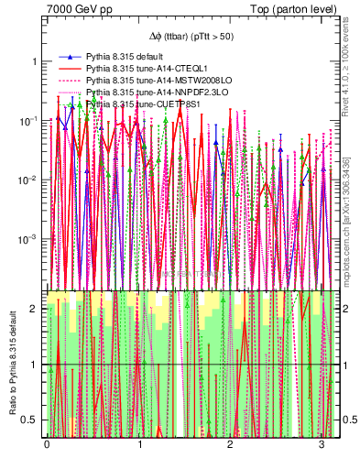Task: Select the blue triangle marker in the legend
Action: click(70, 57)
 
